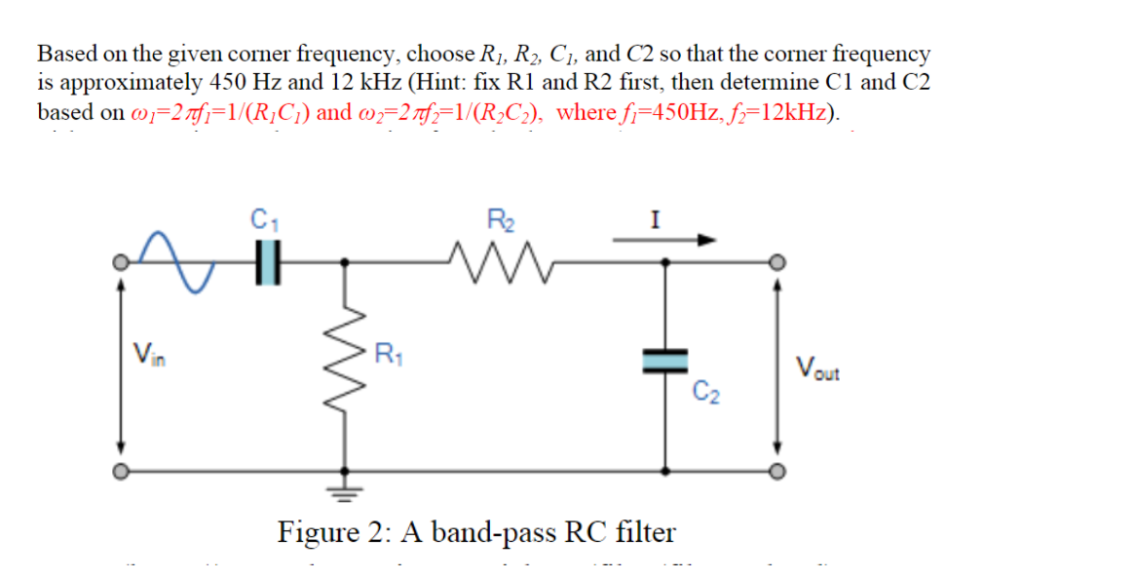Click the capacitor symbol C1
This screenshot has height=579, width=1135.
pyautogui.click(x=267, y=263)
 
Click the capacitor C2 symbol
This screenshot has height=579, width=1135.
pyautogui.click(x=665, y=362)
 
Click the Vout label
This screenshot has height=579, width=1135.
pyautogui.click(x=816, y=368)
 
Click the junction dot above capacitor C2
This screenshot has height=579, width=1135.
pyautogui.click(x=665, y=262)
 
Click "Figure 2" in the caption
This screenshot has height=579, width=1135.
pyautogui.click(x=325, y=532)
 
